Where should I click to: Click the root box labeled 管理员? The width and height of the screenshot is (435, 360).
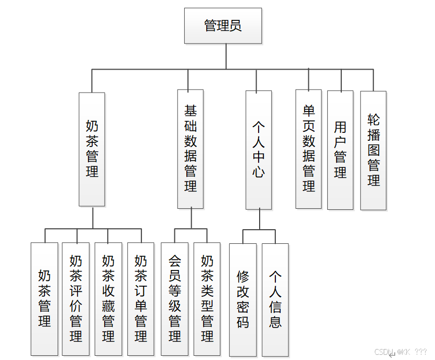pos(223,26)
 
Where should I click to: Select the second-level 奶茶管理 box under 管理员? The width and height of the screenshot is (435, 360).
pos(92,149)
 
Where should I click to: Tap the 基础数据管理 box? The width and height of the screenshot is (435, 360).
pos(191,149)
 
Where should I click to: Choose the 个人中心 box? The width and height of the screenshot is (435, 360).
pos(259,150)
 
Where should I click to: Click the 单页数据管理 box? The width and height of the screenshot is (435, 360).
pos(309,149)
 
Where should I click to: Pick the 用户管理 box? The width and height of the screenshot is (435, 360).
pos(340,150)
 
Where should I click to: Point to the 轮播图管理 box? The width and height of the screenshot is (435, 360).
pos(373,150)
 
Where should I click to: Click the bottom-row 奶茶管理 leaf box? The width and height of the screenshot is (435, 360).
pos(44,299)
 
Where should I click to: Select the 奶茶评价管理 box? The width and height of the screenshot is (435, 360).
pos(76,299)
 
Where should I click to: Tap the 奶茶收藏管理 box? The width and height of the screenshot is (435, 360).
pos(108,299)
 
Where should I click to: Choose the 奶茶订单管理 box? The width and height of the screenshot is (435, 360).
pos(141,299)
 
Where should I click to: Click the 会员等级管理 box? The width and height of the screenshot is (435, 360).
pos(174,299)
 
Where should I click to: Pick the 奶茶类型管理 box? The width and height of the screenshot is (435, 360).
pos(207,299)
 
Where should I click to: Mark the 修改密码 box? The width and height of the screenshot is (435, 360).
pos(243,299)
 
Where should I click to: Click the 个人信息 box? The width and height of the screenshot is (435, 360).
pos(275,299)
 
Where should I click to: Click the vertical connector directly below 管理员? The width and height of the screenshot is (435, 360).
pos(227,56)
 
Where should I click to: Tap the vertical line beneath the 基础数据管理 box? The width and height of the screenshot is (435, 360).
pos(191,218)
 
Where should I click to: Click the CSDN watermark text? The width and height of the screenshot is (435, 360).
pos(385,352)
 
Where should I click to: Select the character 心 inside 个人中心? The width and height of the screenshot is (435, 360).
pos(259,172)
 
